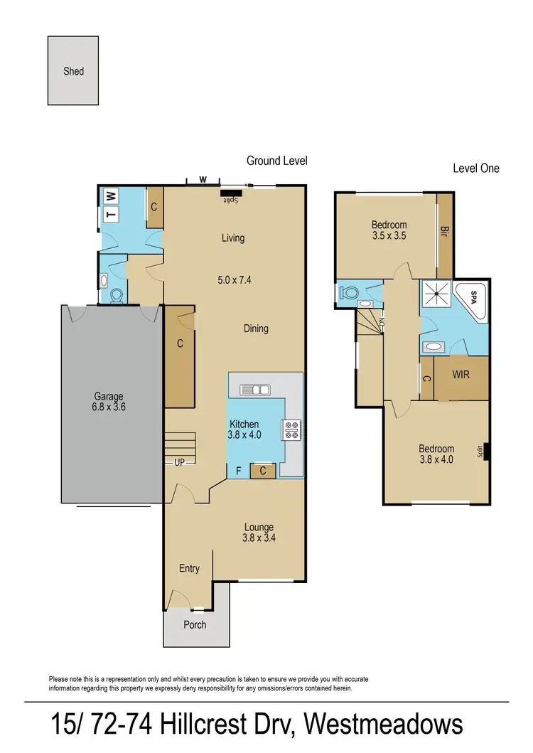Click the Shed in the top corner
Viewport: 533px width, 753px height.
pos(74,71)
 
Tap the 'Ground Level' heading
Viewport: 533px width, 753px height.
pos(276,161)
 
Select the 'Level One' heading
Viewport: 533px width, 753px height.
pos(476,169)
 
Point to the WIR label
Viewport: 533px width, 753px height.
pos(461,374)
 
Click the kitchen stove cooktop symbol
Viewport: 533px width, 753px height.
pos(292,429)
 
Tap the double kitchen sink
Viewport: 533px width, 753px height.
pos(254,389)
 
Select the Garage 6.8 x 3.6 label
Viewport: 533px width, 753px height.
pos(109,402)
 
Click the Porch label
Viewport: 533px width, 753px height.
pos(195,624)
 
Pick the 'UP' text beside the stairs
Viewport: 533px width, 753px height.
pos(180,462)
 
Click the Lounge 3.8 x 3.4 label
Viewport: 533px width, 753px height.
pos(259,533)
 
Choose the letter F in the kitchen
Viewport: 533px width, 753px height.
pos(238,470)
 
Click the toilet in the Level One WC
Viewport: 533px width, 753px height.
pos(350,293)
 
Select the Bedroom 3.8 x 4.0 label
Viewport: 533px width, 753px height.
pos(436,454)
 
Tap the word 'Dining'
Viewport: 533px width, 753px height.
pos(256,329)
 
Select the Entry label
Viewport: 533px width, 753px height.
pos(189,568)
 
